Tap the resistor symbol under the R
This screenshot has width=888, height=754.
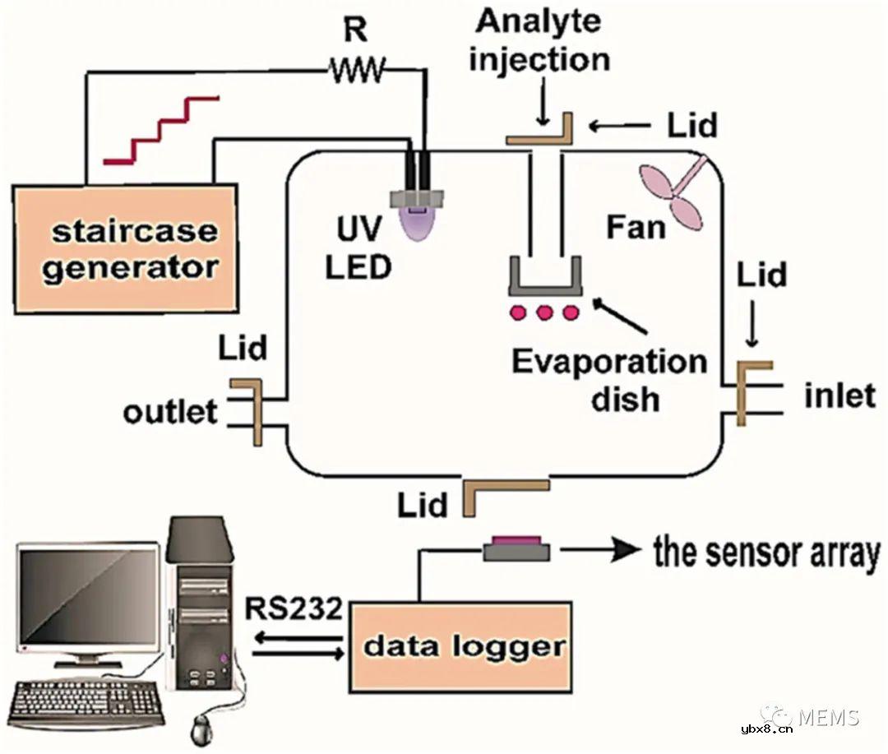tap(356, 72)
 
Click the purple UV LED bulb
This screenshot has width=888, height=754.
tap(419, 223)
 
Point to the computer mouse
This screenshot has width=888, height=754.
tap(202, 727)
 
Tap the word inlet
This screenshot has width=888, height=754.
tap(839, 396)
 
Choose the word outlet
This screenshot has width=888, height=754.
tap(171, 411)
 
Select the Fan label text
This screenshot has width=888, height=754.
tap(636, 226)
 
